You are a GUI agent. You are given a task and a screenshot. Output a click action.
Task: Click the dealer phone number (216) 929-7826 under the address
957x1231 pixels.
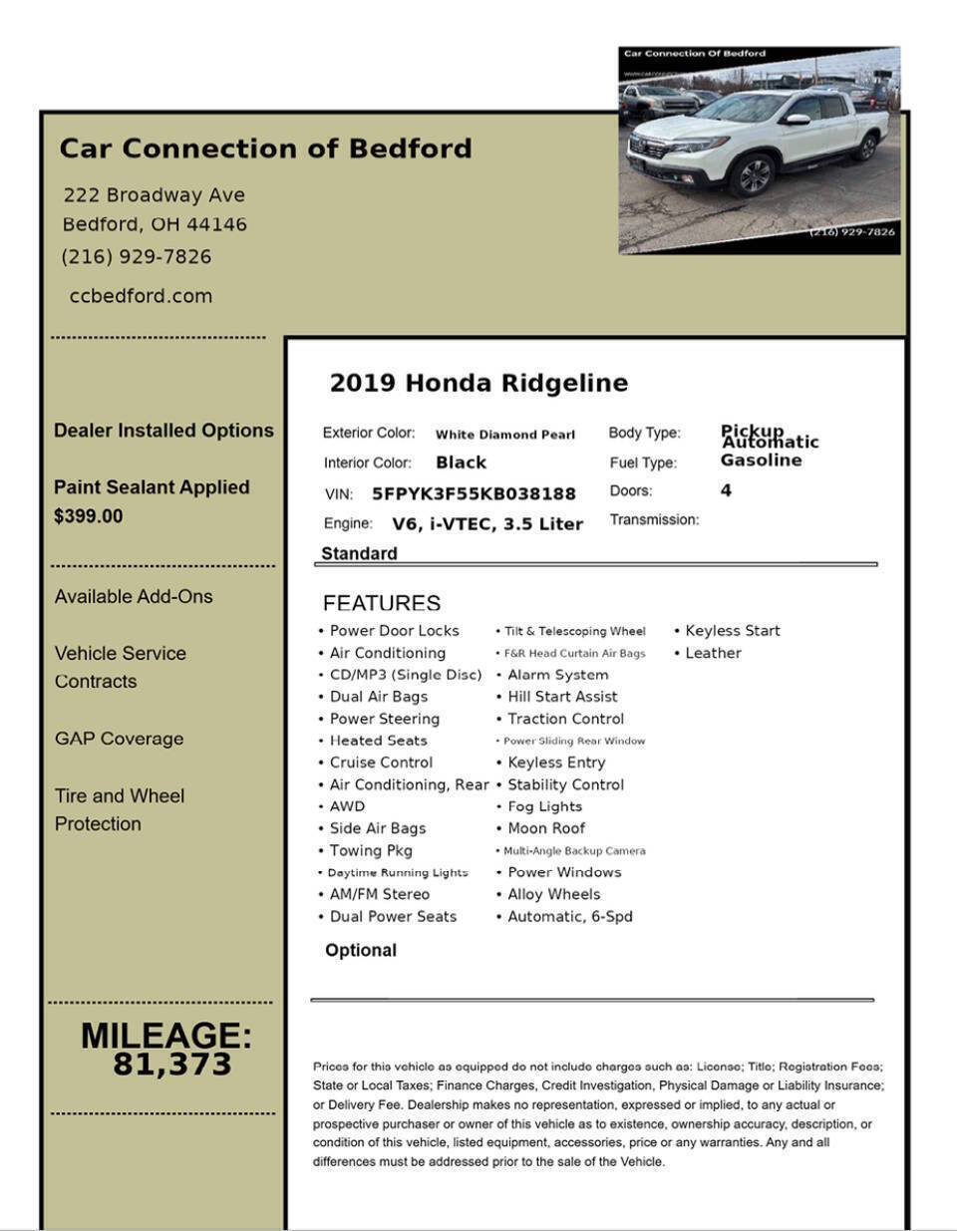(x=137, y=257)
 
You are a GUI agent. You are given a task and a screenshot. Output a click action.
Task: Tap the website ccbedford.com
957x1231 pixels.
(x=141, y=296)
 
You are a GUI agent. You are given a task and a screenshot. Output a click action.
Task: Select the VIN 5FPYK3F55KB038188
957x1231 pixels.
(x=474, y=494)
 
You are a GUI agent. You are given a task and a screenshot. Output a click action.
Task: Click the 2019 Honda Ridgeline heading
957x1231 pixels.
(x=478, y=384)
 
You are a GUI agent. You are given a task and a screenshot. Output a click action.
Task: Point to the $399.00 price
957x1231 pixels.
(x=89, y=516)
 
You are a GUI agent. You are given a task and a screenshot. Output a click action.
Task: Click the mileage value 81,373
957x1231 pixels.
(x=171, y=1065)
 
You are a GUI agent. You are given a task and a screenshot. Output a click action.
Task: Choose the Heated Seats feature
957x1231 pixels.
(x=378, y=741)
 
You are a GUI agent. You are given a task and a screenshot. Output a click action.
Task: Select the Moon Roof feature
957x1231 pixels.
(x=546, y=828)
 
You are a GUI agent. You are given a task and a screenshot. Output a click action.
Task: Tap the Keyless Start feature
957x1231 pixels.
(x=733, y=631)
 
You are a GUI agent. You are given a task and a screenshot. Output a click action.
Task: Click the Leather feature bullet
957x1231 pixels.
(x=713, y=653)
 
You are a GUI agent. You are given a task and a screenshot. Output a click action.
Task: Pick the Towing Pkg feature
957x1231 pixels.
(x=371, y=850)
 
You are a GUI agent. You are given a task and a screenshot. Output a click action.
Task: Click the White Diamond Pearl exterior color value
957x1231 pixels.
(x=505, y=435)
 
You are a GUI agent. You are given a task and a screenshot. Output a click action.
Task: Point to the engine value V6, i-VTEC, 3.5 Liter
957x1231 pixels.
(x=487, y=524)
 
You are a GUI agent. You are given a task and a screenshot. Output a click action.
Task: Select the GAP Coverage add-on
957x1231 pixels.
(x=119, y=739)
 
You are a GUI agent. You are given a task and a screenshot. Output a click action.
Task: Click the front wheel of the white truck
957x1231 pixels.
(x=753, y=176)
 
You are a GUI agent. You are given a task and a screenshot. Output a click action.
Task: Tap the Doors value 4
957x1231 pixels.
(x=726, y=490)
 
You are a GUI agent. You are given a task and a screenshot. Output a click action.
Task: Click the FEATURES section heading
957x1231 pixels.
(x=381, y=603)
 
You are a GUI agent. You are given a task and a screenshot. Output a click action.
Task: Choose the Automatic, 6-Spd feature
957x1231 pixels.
(x=570, y=916)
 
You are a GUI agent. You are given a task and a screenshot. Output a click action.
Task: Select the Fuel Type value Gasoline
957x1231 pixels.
(x=761, y=461)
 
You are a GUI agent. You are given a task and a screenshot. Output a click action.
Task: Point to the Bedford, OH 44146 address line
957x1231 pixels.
(x=155, y=224)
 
